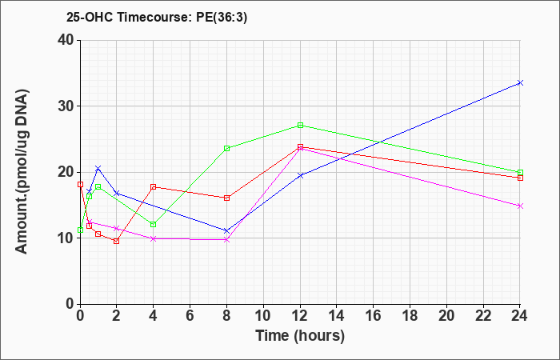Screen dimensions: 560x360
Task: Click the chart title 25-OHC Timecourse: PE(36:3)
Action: (x=157, y=18)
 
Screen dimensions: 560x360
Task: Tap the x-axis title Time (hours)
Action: (x=300, y=336)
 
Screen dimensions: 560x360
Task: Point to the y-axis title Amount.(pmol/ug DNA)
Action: (x=22, y=171)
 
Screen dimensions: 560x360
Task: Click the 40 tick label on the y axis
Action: (x=66, y=40)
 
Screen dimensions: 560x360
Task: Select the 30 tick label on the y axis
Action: (x=66, y=106)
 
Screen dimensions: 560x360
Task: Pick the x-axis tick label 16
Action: (x=374, y=315)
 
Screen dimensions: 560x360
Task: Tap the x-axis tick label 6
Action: (x=190, y=315)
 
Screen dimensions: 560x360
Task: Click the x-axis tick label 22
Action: (x=483, y=315)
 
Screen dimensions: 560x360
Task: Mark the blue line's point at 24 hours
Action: (x=520, y=83)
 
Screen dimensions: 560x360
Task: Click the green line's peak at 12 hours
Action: (x=300, y=126)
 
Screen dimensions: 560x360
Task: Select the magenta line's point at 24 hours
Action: (x=520, y=206)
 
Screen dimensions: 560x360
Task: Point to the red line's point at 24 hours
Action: (x=520, y=178)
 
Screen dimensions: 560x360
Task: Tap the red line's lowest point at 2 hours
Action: (x=117, y=241)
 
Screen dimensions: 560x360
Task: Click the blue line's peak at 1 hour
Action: (x=98, y=168)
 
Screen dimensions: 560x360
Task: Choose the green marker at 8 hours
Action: (x=226, y=148)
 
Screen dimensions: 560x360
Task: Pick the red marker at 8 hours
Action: (x=226, y=198)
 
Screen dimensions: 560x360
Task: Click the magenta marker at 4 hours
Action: (x=154, y=238)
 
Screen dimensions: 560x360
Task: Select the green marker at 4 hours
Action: (x=154, y=224)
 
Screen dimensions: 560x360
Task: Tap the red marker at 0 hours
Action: (x=80, y=184)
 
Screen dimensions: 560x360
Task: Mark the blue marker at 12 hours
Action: (x=300, y=175)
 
